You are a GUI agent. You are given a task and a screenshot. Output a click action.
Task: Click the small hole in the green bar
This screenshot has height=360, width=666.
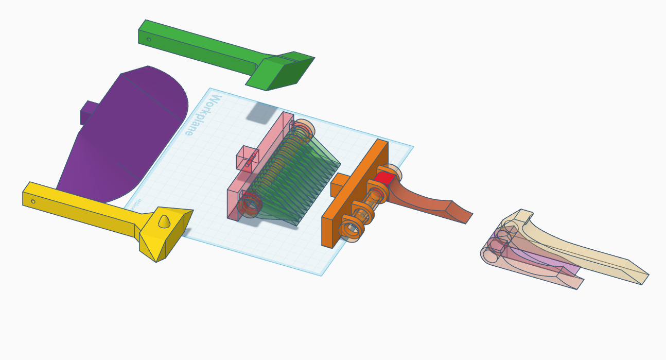pos(149,39)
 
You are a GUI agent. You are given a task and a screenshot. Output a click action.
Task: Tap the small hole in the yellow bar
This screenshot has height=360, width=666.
pos(33,201)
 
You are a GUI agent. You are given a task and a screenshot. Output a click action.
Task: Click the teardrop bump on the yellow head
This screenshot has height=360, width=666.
pos(164,221)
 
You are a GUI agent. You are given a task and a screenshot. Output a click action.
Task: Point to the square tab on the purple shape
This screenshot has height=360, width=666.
pos(89,112)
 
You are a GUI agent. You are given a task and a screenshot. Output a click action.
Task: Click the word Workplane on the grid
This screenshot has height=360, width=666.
pos(204,115)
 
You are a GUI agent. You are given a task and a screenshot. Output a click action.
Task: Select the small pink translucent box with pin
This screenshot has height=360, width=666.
pos(248,158)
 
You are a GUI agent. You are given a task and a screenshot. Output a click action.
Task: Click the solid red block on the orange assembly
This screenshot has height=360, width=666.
pos(384,179)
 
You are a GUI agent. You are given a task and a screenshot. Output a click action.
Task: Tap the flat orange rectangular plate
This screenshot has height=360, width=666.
pos(355,193)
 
